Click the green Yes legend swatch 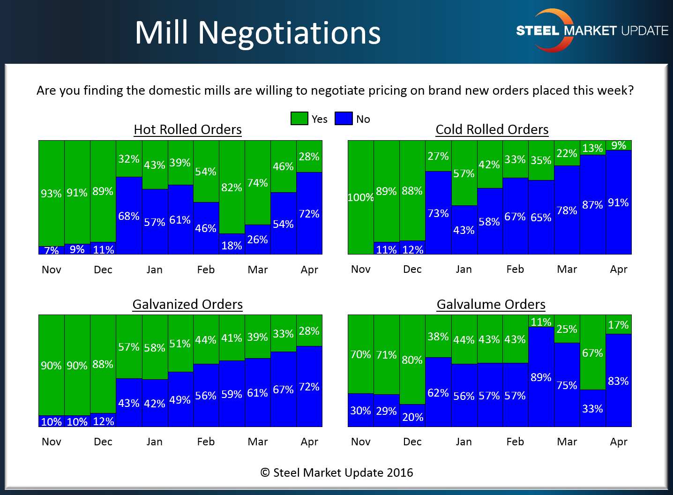pos(299,119)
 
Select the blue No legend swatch pos(344,119)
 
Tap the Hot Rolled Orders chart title pos(187,129)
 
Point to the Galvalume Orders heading pos(491,304)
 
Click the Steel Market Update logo pos(591,30)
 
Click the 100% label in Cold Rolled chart pos(360,197)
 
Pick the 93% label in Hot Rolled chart pos(51,194)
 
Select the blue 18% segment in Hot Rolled pos(232,245)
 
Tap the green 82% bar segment pos(232,187)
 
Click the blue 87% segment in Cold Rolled pos(592,205)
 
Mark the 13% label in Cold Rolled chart pos(592,148)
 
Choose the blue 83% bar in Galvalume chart pos(618,381)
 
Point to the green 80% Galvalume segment pos(412,360)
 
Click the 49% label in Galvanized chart pos(180,400)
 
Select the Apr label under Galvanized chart pos(309,442)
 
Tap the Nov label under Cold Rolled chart pos(360,269)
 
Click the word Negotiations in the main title pos(289,33)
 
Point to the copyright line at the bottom pos(336,472)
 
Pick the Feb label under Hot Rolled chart pos(206,270)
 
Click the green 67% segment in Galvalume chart pos(592,352)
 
